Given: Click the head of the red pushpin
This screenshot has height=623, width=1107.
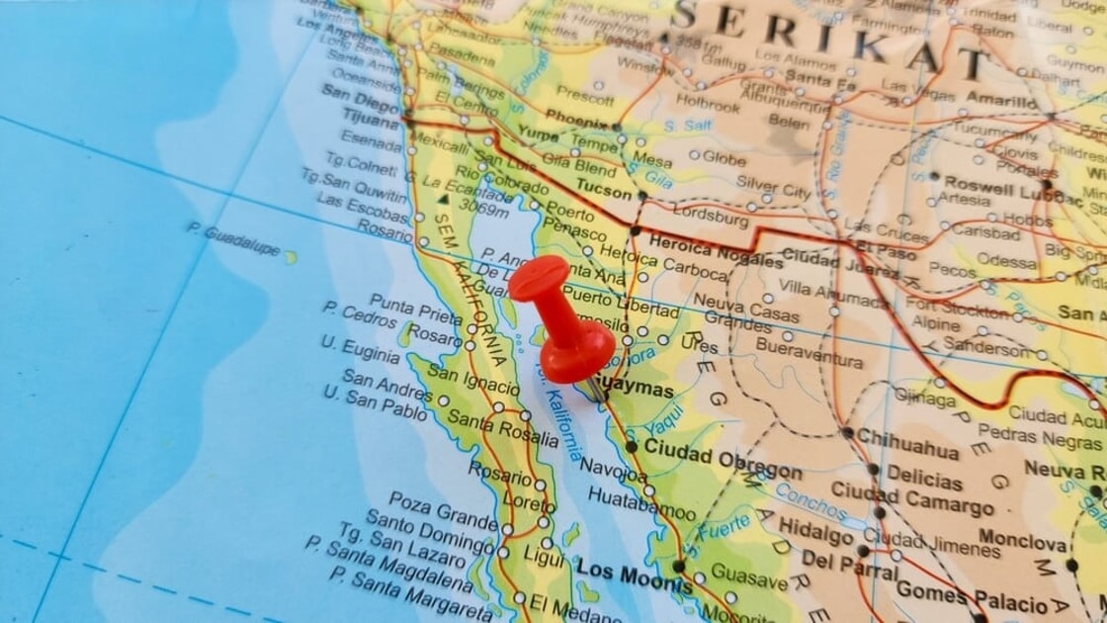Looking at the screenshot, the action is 539,280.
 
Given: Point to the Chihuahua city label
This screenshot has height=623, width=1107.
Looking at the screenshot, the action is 907,441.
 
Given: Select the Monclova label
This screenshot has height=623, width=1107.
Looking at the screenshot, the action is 1022,542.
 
